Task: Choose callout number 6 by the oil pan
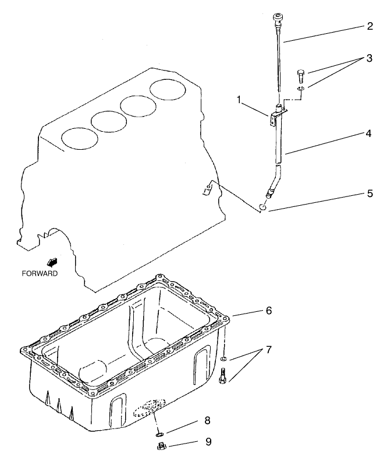pos(268,311)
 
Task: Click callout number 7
pos(268,350)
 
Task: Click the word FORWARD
pos(40,273)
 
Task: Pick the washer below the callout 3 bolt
pos(301,89)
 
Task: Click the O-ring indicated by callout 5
pos(263,206)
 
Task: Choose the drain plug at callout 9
pos(163,447)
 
